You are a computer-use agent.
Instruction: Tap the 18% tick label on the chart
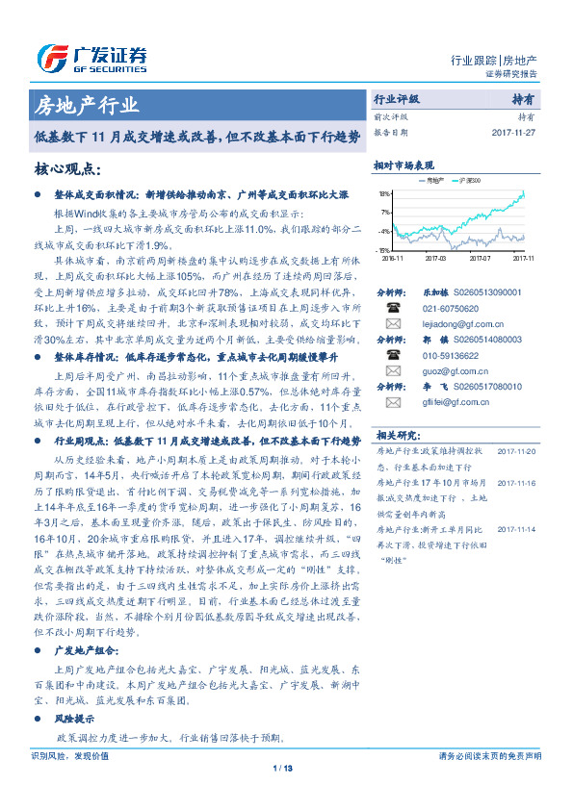[x=384, y=194]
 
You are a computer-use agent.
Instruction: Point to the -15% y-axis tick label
[x=384, y=250]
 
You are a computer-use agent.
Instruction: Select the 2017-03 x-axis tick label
[x=435, y=258]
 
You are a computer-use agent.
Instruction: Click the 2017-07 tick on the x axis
[x=481, y=258]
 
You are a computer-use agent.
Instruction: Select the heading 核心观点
[x=67, y=169]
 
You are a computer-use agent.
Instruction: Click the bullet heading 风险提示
[x=74, y=718]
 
